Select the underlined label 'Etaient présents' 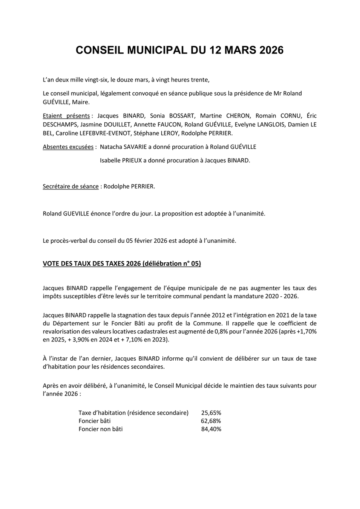(66, 116)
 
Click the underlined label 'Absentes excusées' (68, 147)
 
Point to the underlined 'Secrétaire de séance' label (71, 186)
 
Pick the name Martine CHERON (223, 116)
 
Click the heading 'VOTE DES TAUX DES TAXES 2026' (92, 264)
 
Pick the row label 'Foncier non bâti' (101, 429)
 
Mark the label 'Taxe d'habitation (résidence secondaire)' (134, 413)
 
